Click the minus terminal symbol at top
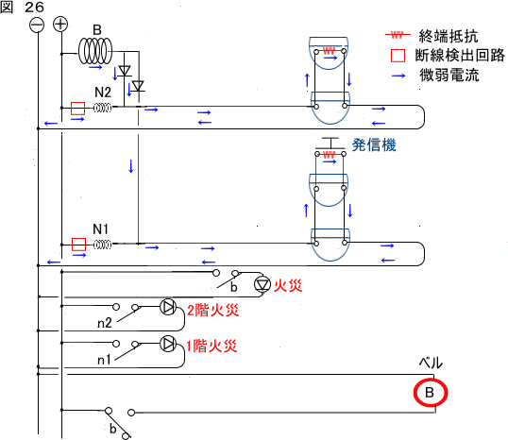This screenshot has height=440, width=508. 37,25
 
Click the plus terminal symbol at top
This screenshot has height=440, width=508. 60,25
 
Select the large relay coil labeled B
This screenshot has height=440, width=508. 95,51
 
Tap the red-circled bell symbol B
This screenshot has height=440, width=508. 431,393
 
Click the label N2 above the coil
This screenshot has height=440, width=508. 103,93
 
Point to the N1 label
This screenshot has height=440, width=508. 100,229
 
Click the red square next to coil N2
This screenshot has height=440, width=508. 77,109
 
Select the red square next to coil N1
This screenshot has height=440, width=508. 78,245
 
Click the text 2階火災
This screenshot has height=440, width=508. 212,311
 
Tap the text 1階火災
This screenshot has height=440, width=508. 212,347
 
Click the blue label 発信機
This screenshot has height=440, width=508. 374,144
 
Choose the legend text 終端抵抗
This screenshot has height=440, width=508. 449,36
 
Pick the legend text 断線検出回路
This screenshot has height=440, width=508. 460,56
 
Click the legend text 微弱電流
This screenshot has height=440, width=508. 449,76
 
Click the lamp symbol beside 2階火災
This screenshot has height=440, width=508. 168,307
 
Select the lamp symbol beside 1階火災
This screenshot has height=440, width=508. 168,344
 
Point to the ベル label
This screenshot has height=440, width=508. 431,363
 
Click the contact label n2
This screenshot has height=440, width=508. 104,323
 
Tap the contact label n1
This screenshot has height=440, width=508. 104,360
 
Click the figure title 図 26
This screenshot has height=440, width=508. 22,8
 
